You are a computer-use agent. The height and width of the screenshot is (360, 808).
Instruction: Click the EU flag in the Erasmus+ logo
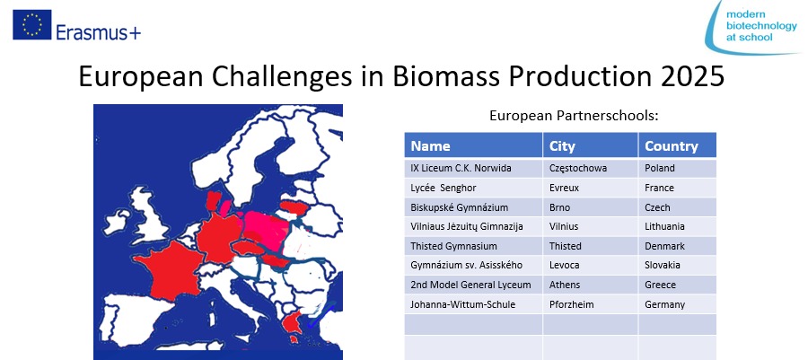coord(32,25)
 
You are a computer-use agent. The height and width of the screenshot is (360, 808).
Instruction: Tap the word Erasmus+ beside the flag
coord(98,32)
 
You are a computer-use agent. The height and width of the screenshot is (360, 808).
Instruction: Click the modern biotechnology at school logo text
coord(760,26)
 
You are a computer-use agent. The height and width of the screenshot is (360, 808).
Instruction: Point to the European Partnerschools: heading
coord(574,117)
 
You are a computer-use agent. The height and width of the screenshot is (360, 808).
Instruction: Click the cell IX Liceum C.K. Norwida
coord(473,169)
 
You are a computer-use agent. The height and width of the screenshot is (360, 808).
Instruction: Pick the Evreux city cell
coord(591,188)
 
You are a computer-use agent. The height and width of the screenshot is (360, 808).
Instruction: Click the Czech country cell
coord(677,207)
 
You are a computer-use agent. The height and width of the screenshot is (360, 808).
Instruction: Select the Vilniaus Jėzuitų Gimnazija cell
coord(473,226)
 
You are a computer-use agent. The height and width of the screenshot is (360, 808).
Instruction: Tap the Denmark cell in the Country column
coord(677,246)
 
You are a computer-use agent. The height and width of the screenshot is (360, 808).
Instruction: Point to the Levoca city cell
coord(591,265)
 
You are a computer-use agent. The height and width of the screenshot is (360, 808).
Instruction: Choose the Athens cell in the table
coord(591,285)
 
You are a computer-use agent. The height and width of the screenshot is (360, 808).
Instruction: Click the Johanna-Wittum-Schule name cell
coord(473,304)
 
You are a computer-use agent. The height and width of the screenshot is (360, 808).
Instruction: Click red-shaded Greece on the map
coord(293,322)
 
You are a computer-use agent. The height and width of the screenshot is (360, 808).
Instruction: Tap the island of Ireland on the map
coord(117,221)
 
